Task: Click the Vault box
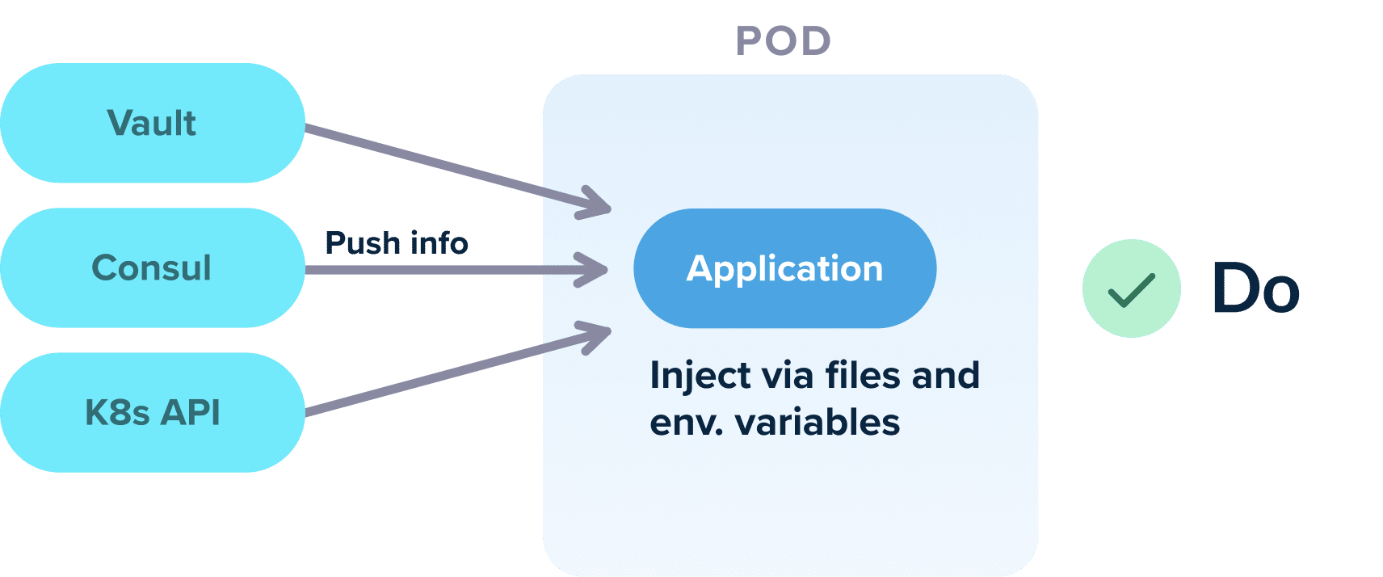(x=152, y=124)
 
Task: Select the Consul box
(x=152, y=268)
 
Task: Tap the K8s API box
(x=152, y=413)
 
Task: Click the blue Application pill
(x=784, y=268)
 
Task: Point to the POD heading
(x=784, y=41)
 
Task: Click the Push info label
(x=396, y=243)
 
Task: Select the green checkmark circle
(x=1131, y=288)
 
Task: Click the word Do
(x=1255, y=289)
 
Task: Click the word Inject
(x=689, y=377)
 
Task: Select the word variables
(x=818, y=423)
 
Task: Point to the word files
(x=863, y=376)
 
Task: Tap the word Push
(x=362, y=243)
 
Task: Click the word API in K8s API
(x=191, y=413)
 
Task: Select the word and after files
(x=945, y=376)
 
